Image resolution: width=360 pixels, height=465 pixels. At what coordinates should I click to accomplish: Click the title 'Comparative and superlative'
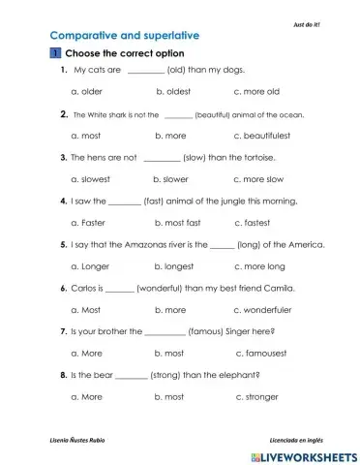click(98, 34)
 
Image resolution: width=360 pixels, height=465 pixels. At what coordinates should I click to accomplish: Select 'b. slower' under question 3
click(170, 179)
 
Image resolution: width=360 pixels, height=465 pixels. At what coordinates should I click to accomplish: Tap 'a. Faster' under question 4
click(90, 222)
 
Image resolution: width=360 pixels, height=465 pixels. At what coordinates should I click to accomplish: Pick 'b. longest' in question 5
click(174, 265)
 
